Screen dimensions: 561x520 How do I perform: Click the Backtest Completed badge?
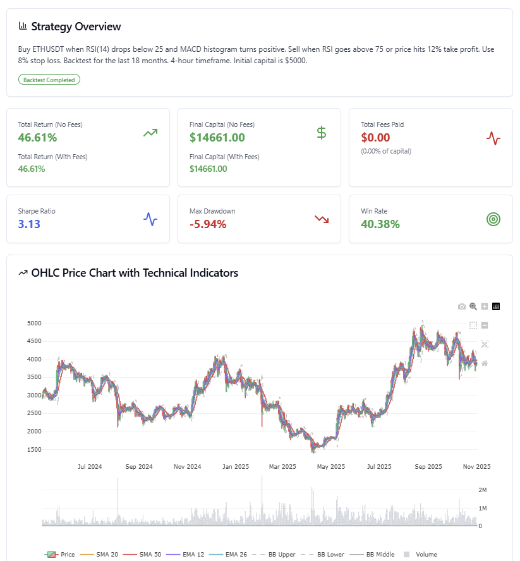click(49, 80)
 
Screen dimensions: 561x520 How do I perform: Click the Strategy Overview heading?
click(76, 27)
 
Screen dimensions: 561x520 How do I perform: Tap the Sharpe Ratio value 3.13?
click(29, 224)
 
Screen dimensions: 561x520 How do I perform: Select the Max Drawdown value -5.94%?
click(208, 224)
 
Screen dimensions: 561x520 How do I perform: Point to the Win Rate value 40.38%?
click(380, 224)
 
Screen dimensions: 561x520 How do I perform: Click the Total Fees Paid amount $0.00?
click(375, 137)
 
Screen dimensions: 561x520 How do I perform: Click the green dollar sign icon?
click(322, 133)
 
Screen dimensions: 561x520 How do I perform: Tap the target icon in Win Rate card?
click(493, 219)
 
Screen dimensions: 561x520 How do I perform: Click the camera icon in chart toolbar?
click(462, 306)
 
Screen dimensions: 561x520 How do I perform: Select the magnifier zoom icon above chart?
click(473, 306)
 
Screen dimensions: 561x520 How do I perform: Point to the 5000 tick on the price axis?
click(33, 323)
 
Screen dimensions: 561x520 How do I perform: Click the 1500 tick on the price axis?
click(33, 449)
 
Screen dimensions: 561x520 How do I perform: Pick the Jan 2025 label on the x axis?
click(235, 466)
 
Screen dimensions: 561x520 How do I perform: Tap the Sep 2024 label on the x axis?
click(138, 466)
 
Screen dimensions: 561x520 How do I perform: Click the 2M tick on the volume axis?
click(482, 490)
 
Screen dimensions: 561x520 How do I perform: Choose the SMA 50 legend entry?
click(149, 554)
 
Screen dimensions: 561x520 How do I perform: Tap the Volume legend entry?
click(426, 554)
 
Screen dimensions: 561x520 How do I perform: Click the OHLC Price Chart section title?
click(135, 273)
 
